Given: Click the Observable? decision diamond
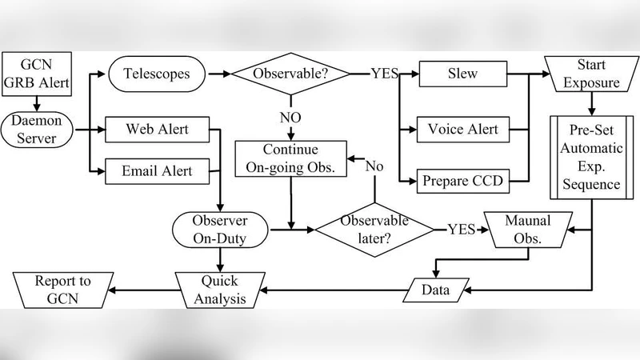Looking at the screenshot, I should coord(290,74).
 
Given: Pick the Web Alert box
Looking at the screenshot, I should coord(157,128).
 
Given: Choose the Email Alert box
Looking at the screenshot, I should coord(157,170).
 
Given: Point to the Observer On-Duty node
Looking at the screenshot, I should coord(220,228).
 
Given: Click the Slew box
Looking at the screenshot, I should coord(463,74).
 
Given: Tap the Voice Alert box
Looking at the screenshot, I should coord(463,128).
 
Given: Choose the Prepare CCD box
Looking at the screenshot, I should coord(463,181).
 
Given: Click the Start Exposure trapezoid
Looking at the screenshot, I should coord(591,74).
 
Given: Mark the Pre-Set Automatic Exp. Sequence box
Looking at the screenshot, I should coord(591,157).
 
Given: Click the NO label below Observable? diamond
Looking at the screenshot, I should coord(290,118).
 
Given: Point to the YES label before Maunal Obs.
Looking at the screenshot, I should coord(461,229).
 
